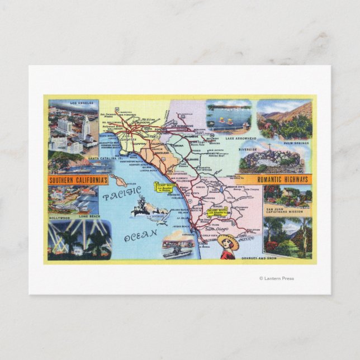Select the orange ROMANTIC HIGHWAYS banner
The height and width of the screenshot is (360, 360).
(283, 179)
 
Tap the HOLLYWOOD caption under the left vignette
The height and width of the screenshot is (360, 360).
(61, 215)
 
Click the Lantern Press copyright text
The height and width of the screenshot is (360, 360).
(276, 278)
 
